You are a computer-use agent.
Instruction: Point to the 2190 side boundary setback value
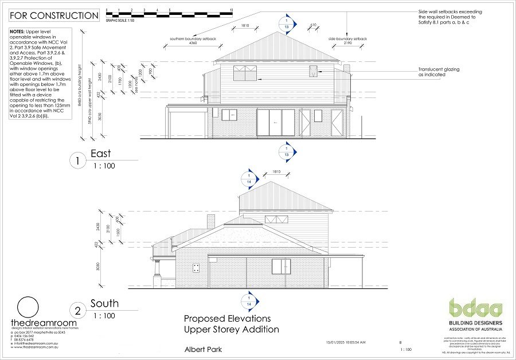[348, 44]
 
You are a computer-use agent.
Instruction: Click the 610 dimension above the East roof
[313, 25]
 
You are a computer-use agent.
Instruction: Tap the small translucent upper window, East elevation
[313, 72]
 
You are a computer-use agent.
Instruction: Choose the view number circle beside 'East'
[77, 161]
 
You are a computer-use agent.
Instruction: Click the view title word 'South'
[104, 303]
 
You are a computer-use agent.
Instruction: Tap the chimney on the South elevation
[210, 222]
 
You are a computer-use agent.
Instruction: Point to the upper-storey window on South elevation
[277, 220]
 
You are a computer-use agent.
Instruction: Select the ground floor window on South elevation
[281, 267]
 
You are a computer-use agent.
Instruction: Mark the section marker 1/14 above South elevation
[248, 178]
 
